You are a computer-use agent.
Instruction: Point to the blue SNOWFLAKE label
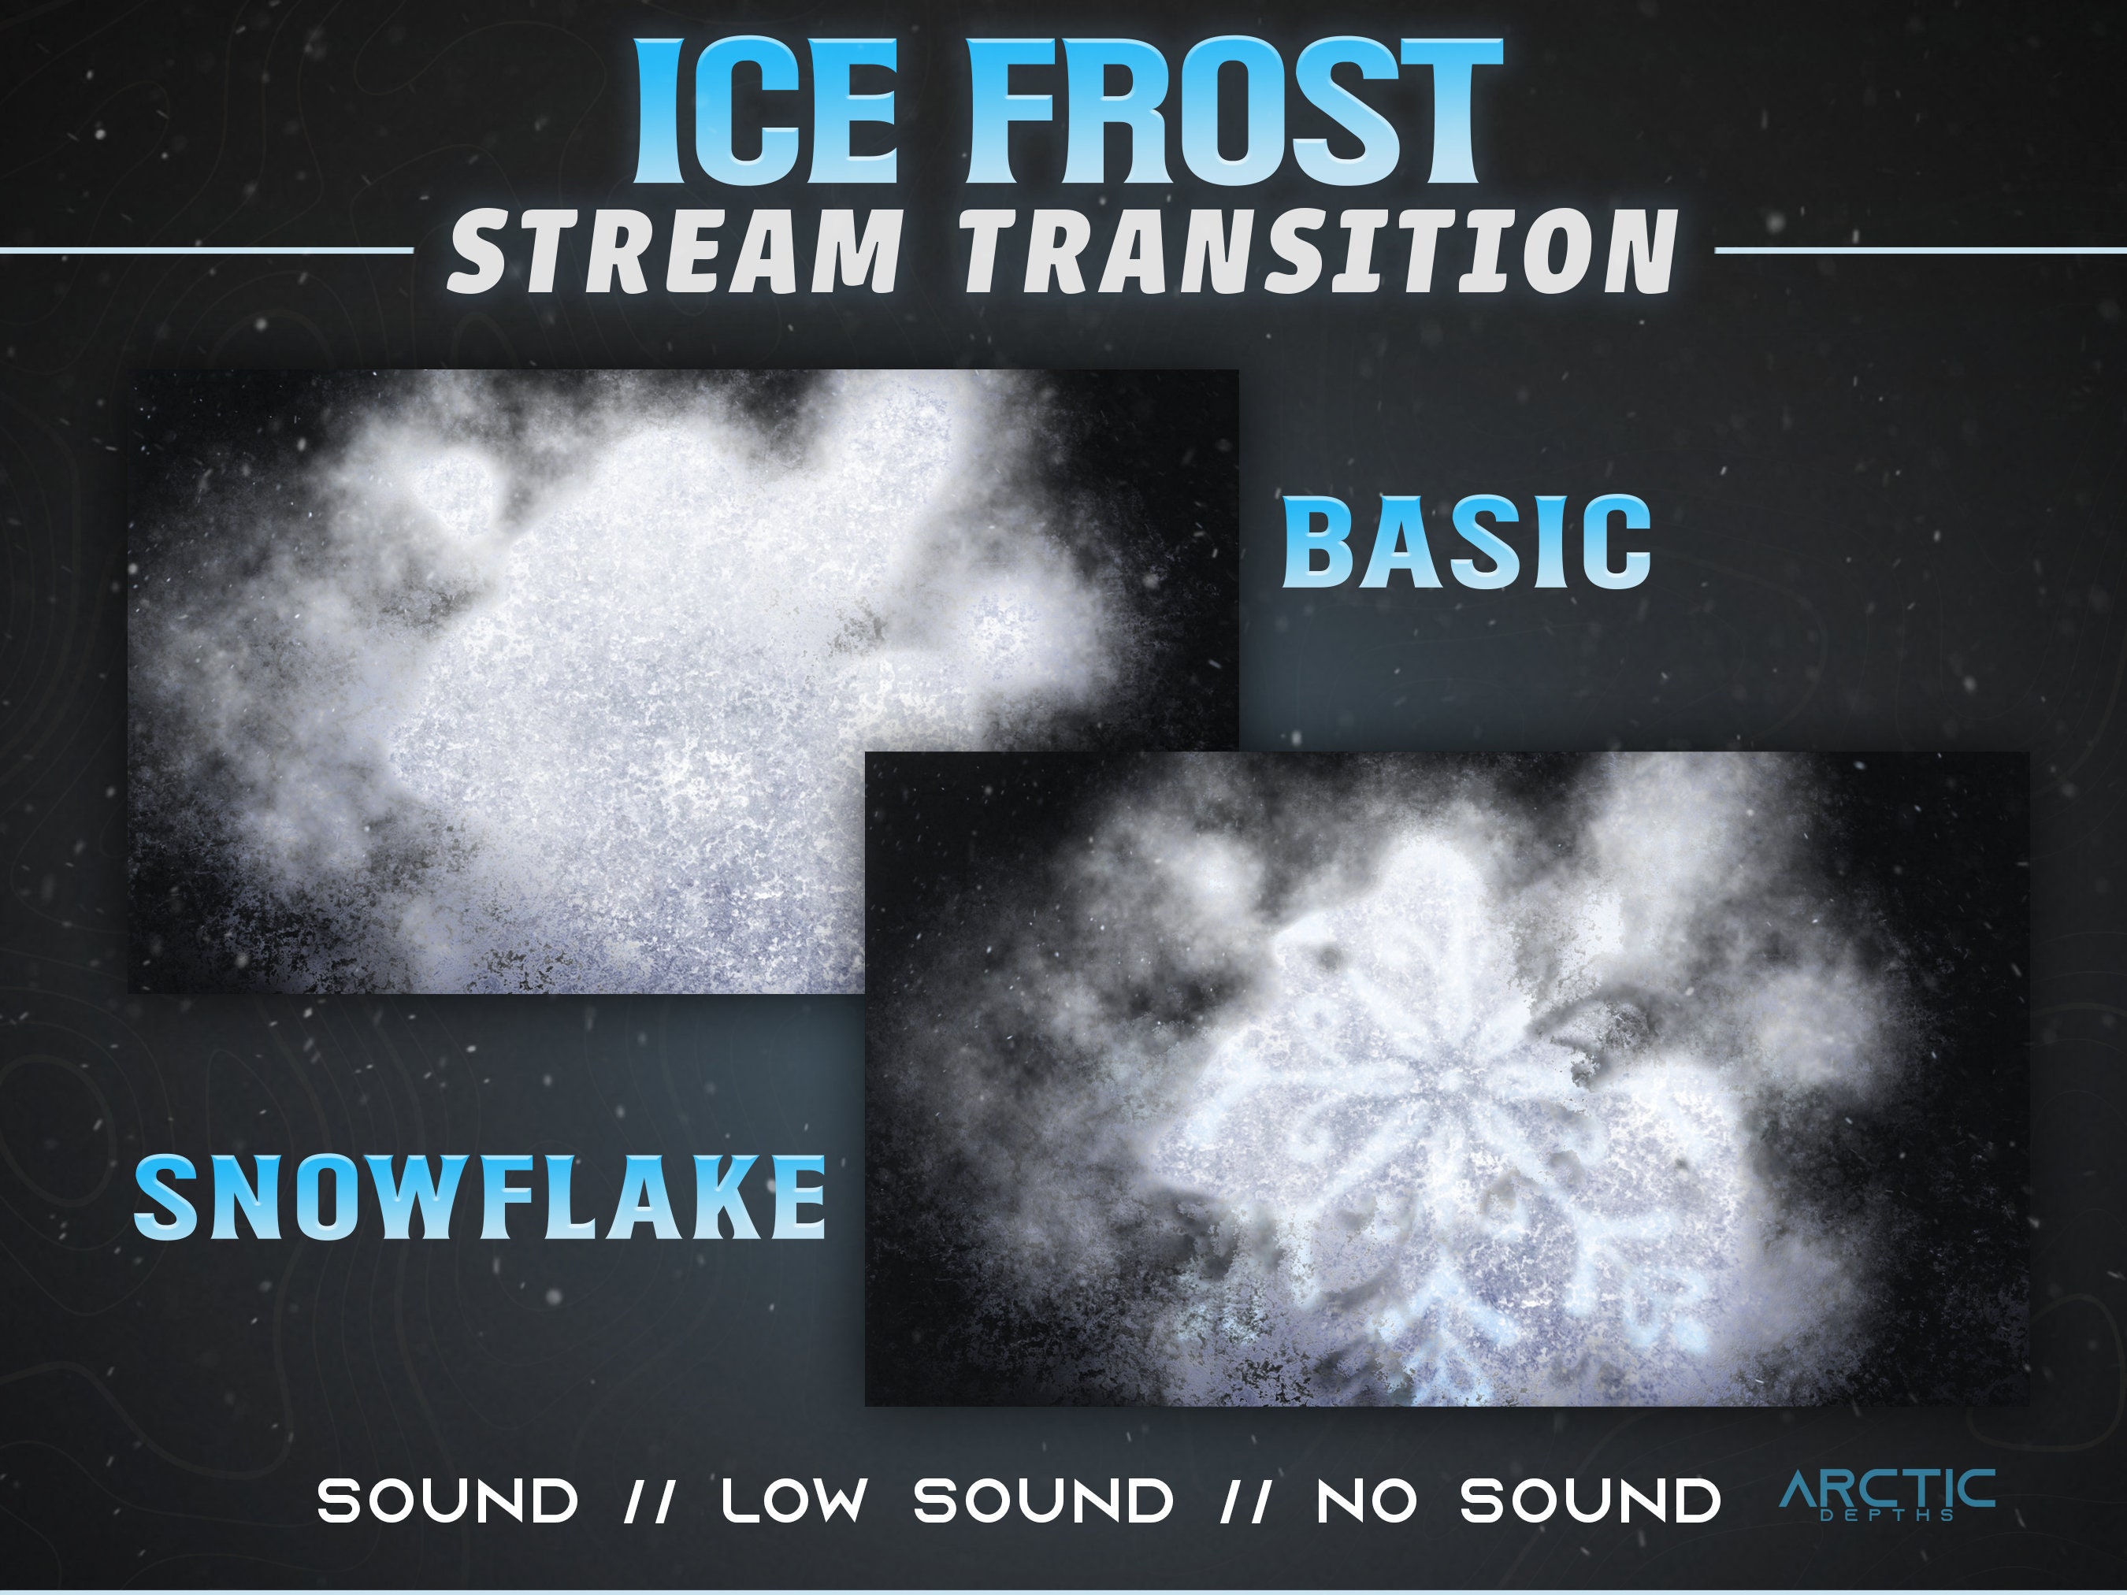click(x=479, y=1198)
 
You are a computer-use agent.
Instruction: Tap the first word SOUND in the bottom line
click(x=448, y=1500)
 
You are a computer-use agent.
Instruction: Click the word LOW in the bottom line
click(x=794, y=1500)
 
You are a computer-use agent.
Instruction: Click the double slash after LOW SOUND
click(x=1244, y=1500)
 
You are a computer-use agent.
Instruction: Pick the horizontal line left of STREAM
click(x=206, y=251)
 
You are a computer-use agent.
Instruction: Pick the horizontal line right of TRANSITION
click(x=1919, y=251)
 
